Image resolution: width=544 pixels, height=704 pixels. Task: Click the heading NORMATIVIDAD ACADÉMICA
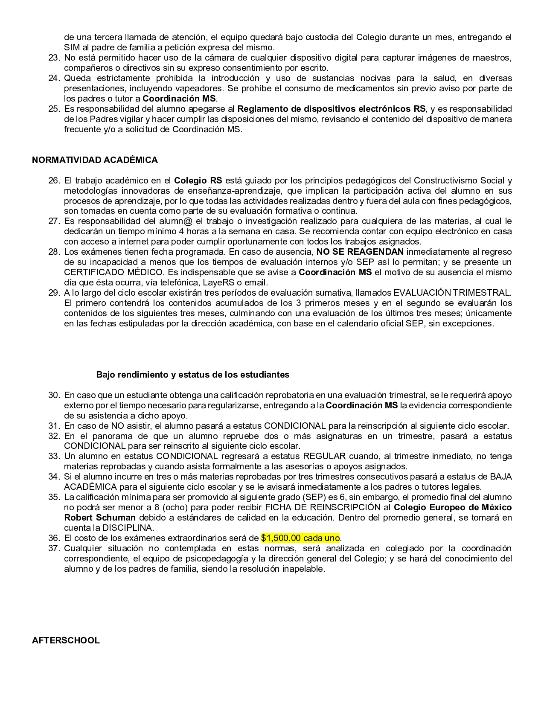tap(95, 160)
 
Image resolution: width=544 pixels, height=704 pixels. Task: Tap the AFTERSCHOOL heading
tap(66, 640)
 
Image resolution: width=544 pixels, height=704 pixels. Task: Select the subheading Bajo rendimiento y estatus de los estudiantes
tap(193, 375)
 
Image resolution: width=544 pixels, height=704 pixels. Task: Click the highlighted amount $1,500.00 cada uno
tap(300, 538)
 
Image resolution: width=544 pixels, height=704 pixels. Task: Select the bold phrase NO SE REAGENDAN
tap(360, 252)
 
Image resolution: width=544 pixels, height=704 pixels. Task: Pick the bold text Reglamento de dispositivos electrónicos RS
tap(331, 109)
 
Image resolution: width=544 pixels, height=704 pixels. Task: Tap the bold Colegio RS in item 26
tap(198, 180)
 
